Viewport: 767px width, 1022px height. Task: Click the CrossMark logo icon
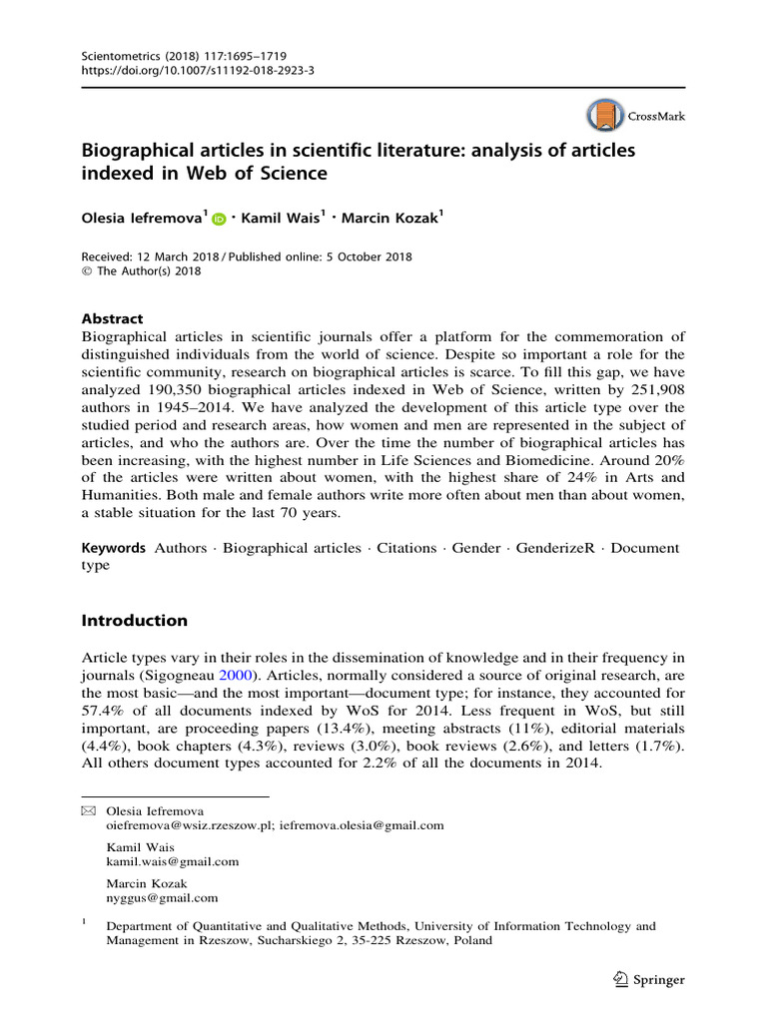[603, 117]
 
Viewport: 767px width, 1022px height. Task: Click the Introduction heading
[134, 620]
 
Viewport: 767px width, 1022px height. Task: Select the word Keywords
[114, 548]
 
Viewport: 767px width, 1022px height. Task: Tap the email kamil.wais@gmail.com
[173, 861]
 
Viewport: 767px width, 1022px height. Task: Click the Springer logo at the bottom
[648, 979]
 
